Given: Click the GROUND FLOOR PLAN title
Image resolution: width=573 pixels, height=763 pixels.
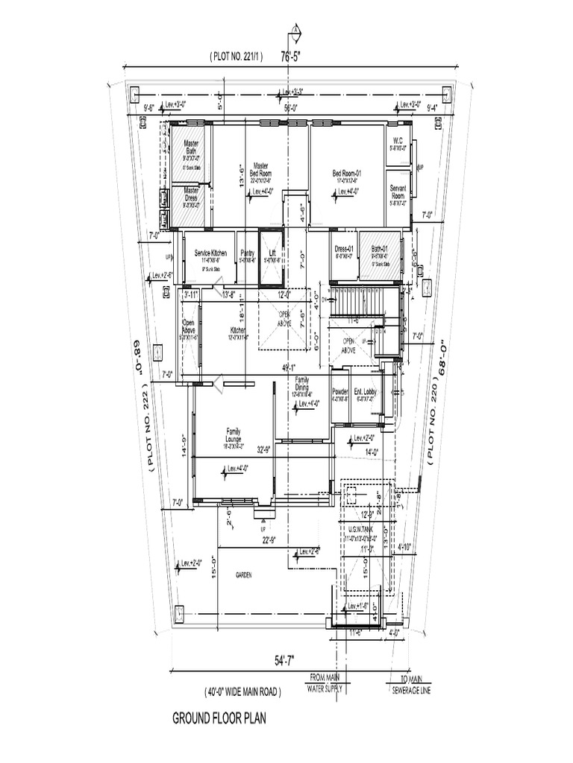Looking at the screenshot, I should point(219,719).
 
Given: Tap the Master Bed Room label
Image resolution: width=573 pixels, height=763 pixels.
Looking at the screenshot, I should point(260,169).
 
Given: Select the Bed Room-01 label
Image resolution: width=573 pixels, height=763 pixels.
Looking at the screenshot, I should point(346,174).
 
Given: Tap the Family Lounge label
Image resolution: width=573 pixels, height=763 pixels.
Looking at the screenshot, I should point(234,434).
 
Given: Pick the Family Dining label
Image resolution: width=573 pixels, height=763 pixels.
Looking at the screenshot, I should point(302,383).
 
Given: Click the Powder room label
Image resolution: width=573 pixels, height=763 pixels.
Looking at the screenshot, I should point(339,393).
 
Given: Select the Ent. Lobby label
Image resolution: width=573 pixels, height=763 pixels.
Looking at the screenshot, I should point(365,393).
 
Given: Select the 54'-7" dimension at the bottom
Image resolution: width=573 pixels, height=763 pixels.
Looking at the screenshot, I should point(285,660).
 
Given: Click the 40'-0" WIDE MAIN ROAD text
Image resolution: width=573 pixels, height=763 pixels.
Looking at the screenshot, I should point(242,692).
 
